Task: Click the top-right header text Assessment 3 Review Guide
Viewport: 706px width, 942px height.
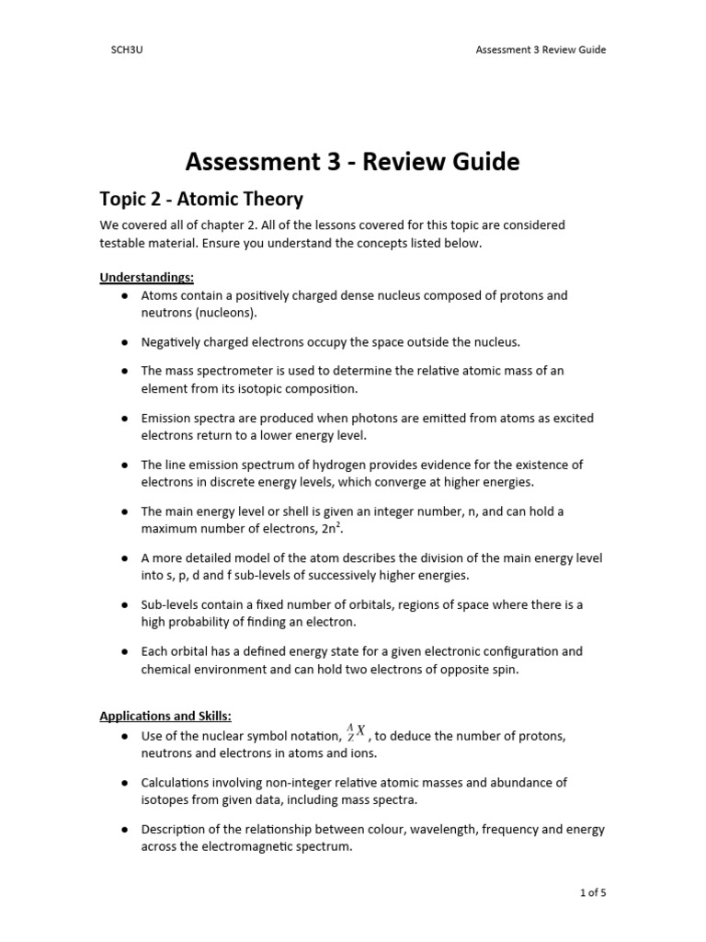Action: [x=541, y=50]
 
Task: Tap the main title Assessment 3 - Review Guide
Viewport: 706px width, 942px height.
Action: [x=352, y=162]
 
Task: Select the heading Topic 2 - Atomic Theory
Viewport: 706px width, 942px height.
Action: [x=201, y=199]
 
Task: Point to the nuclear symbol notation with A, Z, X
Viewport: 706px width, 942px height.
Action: [x=356, y=732]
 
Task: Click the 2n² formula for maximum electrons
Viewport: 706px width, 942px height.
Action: [x=339, y=529]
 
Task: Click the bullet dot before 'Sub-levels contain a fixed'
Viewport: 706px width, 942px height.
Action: [x=124, y=605]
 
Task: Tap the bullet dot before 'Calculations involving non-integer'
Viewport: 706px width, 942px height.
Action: [x=124, y=783]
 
